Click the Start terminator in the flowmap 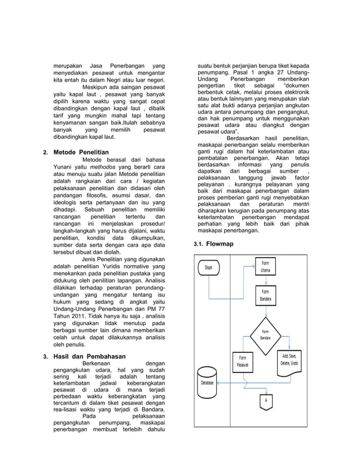pos(209,267)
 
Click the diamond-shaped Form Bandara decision pos(265,334)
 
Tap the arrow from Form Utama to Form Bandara pos(265,280)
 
